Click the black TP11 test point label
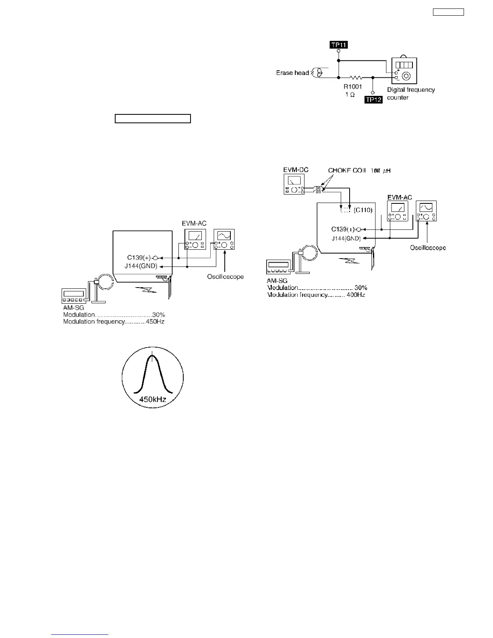click(339, 45)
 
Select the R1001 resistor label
click(352, 87)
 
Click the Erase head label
click(292, 73)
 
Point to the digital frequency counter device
click(404, 71)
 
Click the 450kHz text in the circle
click(153, 400)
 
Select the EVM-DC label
click(296, 170)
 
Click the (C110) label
click(363, 210)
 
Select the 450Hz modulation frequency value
click(155, 322)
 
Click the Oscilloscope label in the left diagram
click(225, 277)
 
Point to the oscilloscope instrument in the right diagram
click(426, 211)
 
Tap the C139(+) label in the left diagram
click(139, 258)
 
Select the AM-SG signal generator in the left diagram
click(74, 296)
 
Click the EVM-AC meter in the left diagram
click(195, 239)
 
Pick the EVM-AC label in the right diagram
click(400, 197)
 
